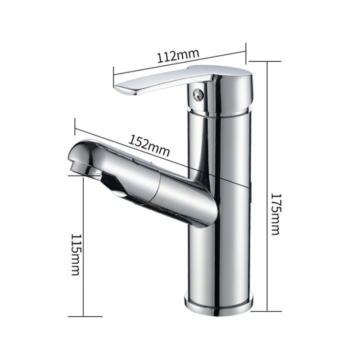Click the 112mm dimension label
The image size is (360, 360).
[178, 57]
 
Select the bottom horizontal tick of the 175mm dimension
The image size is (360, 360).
[268, 310]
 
